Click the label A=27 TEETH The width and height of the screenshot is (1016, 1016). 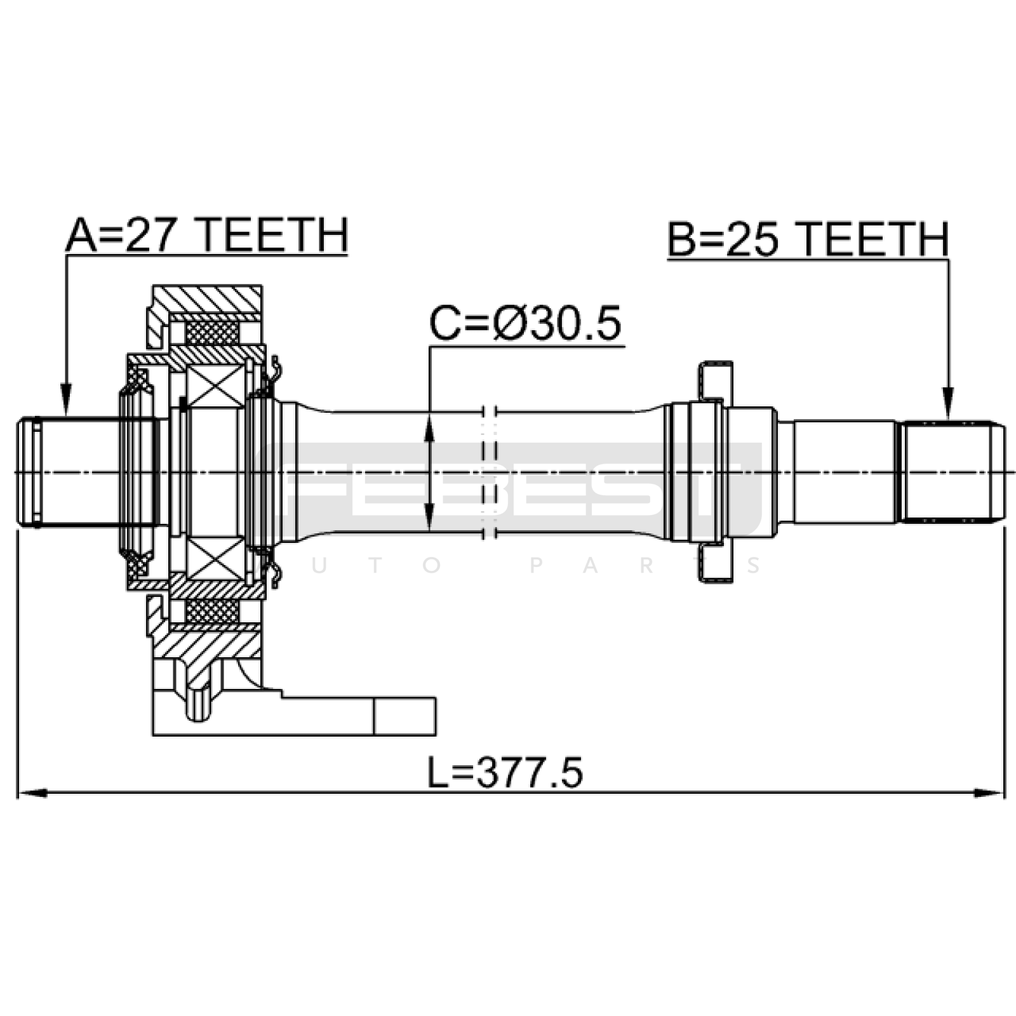(207, 236)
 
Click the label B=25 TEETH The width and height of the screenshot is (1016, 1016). (808, 239)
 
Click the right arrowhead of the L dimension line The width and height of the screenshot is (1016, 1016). (989, 793)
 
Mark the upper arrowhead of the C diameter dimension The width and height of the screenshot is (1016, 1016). (429, 429)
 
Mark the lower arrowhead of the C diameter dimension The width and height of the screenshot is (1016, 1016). (429, 514)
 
